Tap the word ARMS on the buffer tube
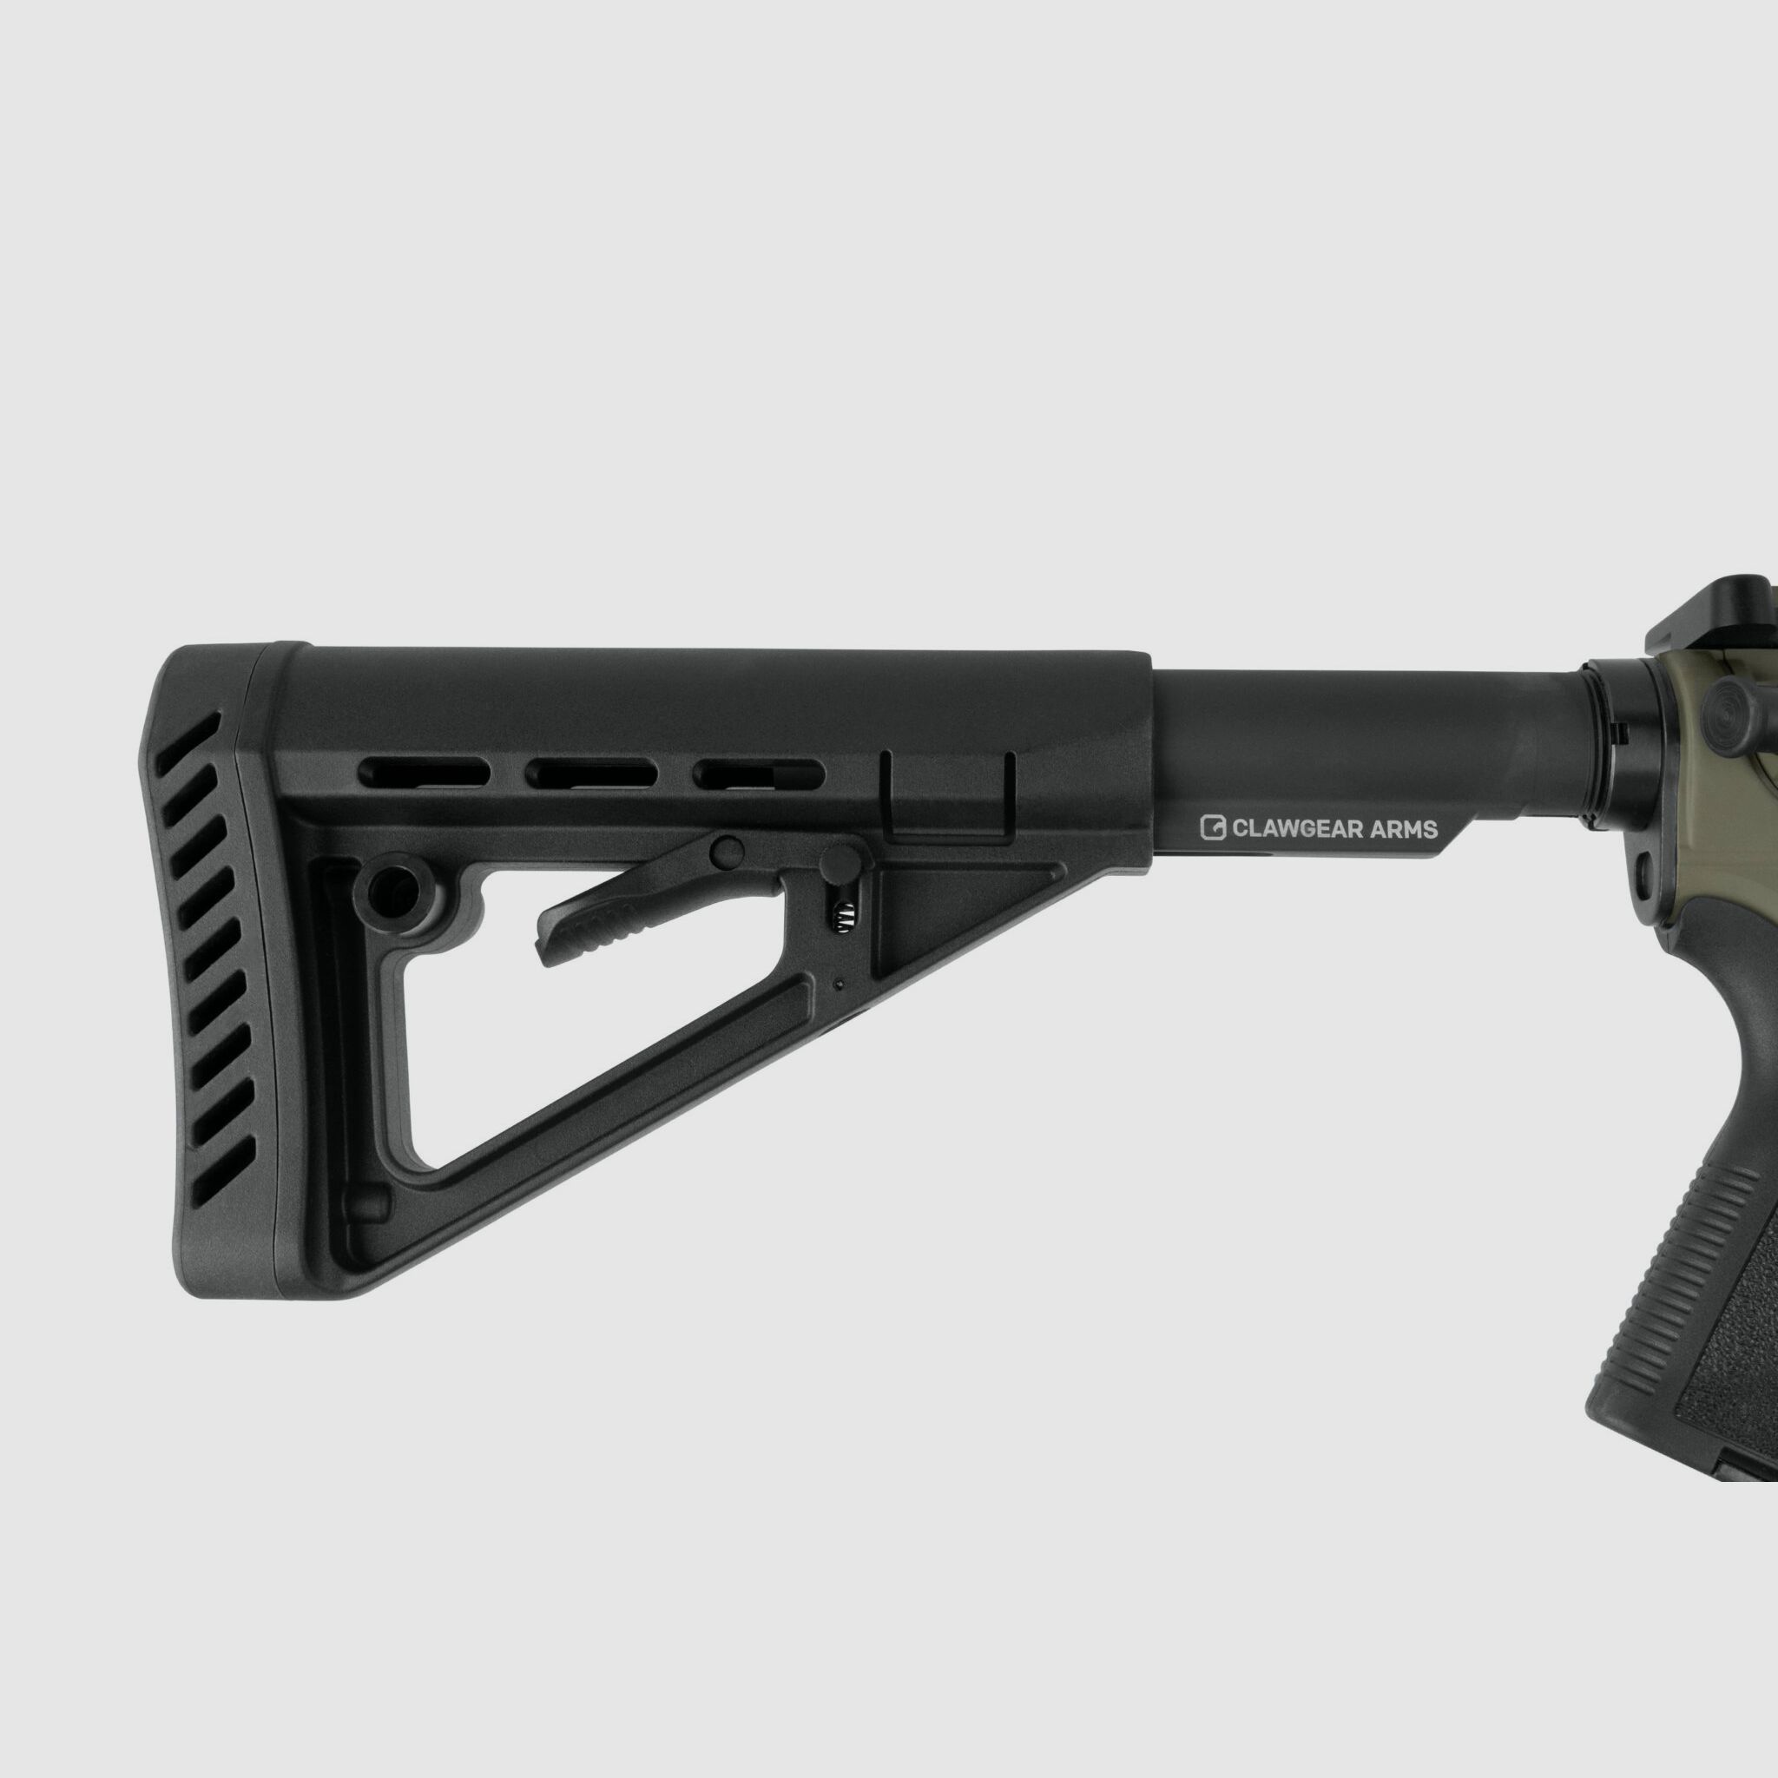(1403, 829)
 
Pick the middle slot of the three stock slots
(591, 771)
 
